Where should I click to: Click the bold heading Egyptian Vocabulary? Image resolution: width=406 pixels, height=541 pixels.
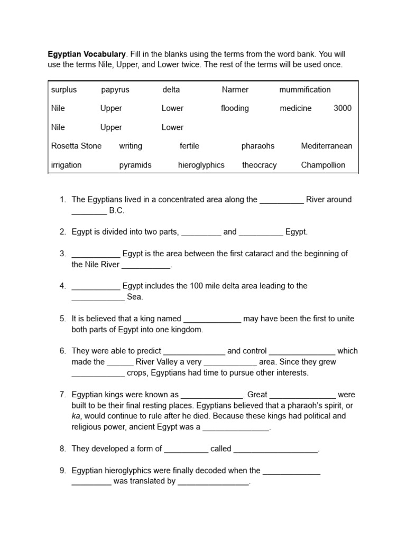pos(87,54)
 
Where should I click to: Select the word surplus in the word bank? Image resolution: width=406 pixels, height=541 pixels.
pos(64,90)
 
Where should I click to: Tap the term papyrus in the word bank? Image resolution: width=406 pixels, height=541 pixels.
pos(115,90)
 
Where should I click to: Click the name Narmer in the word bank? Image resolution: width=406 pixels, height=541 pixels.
pos(235,90)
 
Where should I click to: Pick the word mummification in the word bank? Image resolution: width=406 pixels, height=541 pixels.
pos(305,90)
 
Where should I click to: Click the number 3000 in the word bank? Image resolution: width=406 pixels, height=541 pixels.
pos(343,108)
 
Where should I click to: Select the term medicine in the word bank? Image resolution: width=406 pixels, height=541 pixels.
pos(296,108)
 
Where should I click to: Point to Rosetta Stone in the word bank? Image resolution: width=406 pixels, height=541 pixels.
pos(76,146)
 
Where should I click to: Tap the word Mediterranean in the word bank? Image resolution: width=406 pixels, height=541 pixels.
pos(326,146)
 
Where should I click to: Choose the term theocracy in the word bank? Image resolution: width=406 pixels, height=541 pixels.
pos(259,165)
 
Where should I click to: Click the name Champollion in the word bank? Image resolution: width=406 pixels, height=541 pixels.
pos(323,165)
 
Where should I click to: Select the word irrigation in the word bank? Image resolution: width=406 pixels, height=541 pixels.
pos(66,165)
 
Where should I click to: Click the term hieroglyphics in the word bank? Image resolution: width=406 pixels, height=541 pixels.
pos(201,165)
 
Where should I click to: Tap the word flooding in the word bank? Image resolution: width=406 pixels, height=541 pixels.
pos(235,108)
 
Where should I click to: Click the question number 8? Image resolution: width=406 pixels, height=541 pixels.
pos(62,449)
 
